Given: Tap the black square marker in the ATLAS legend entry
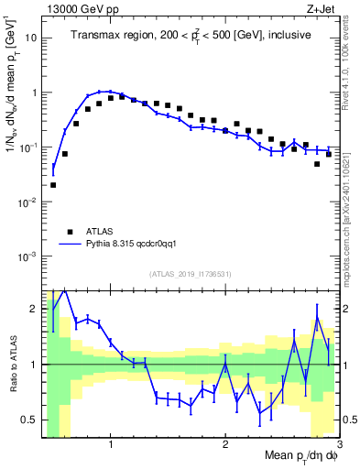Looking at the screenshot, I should (x=70, y=232).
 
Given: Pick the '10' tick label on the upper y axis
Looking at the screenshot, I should (x=31, y=38).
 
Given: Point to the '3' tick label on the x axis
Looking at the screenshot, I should (x=339, y=446).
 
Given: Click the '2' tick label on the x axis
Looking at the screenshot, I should (x=225, y=446).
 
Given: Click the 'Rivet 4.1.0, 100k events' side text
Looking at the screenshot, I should (x=351, y=64).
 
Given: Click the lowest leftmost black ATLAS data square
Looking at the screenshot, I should (x=53, y=184).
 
